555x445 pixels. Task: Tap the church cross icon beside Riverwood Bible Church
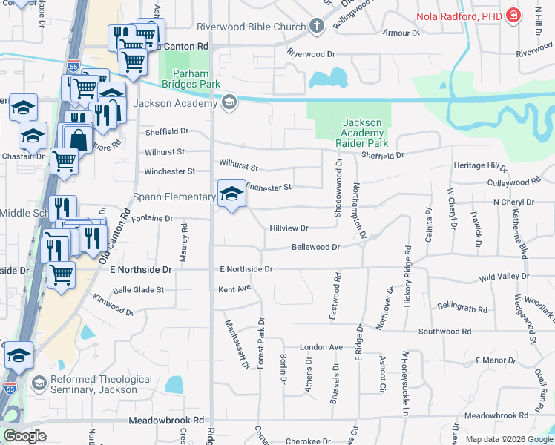coord(317,27)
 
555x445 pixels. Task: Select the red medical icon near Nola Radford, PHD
coord(513,15)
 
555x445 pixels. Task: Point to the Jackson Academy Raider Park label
coord(362,132)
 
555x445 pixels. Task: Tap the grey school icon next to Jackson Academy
coord(229,102)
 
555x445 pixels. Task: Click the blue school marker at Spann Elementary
coord(231,195)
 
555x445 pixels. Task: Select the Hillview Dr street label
coord(289,228)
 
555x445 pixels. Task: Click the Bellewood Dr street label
coord(315,247)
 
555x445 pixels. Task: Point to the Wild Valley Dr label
coord(504,276)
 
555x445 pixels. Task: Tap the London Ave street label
coord(321,347)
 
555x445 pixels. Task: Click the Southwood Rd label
coord(444,331)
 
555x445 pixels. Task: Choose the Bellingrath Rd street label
coord(462,307)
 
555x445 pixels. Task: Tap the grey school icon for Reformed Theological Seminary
coord(39,384)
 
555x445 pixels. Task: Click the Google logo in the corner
coord(24,436)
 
